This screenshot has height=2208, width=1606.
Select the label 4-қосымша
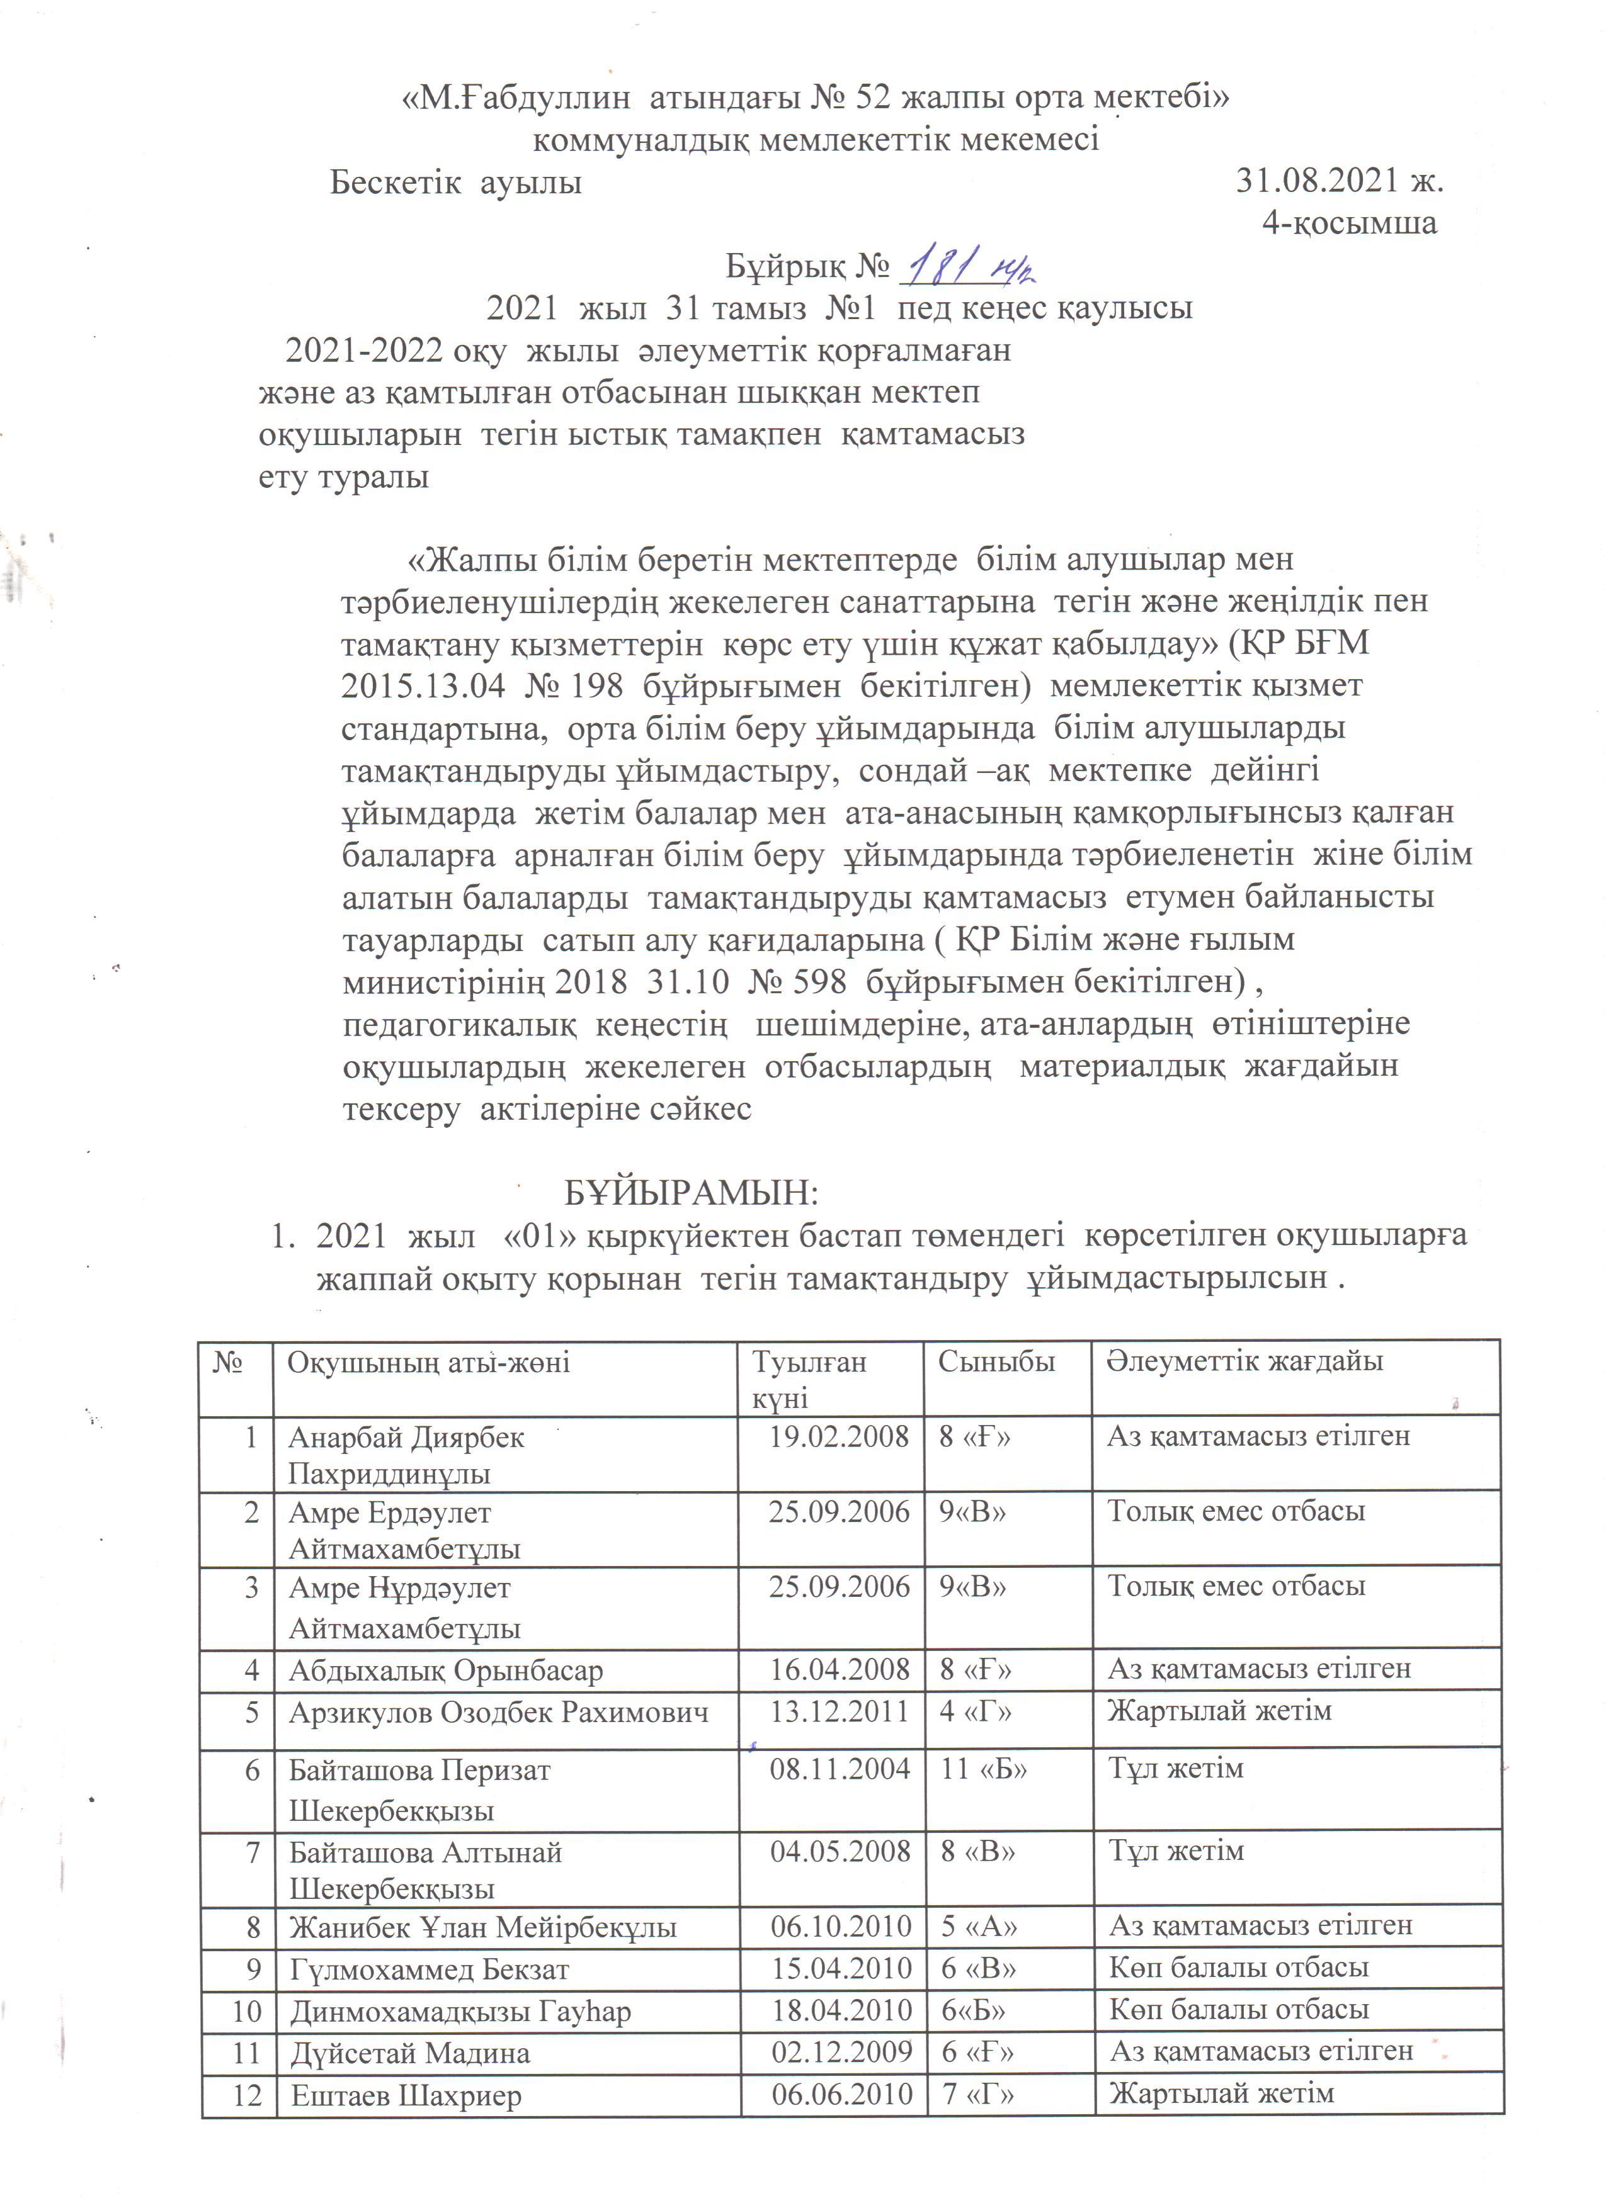[x=1349, y=223]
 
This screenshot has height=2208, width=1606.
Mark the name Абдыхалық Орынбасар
[x=445, y=1670]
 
